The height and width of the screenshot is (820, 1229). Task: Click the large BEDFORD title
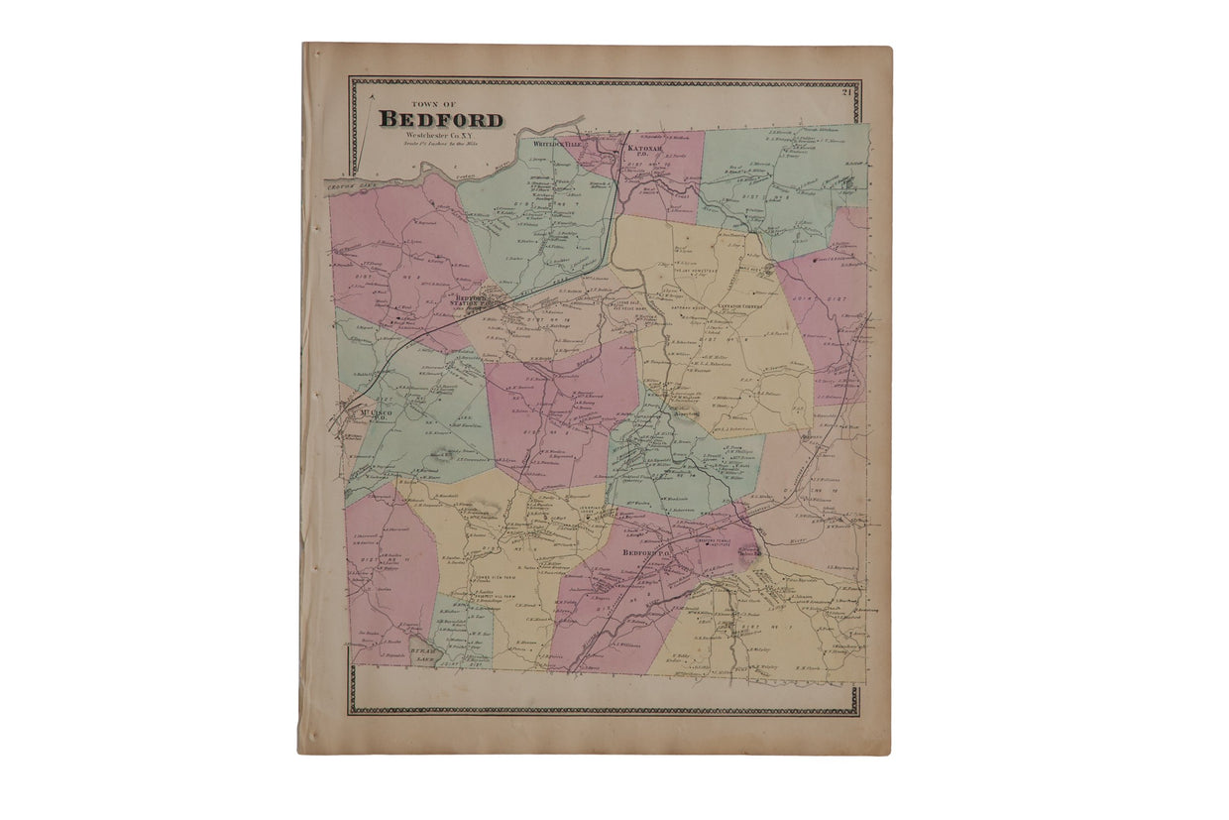click(x=441, y=120)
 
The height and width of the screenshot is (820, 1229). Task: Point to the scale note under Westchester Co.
click(x=440, y=144)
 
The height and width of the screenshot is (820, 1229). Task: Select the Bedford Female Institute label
click(x=715, y=542)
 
